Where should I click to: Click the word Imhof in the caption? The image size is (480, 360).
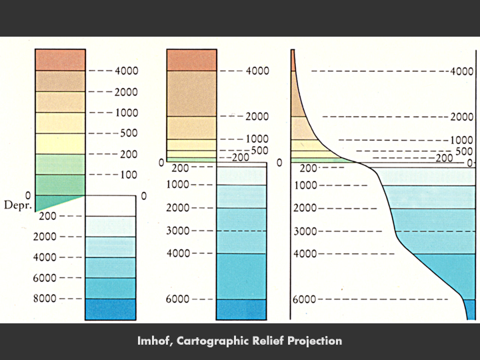(155, 341)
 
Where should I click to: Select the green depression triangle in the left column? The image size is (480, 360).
(50, 202)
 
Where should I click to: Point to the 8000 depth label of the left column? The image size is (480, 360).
(45, 299)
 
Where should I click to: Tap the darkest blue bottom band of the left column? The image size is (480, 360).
(110, 309)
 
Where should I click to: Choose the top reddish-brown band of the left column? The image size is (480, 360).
(60, 59)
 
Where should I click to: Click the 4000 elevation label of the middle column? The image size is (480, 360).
(257, 71)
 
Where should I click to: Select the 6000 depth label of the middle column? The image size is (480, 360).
(177, 299)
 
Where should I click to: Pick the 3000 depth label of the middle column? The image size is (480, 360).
(177, 231)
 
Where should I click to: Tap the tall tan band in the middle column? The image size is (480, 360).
(191, 93)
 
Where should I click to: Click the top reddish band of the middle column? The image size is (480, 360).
(191, 59)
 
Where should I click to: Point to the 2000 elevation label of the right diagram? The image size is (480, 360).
(461, 117)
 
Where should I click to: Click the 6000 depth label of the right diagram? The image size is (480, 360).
(304, 299)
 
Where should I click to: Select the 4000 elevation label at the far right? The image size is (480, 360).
(461, 71)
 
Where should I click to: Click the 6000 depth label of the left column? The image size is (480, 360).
(45, 277)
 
